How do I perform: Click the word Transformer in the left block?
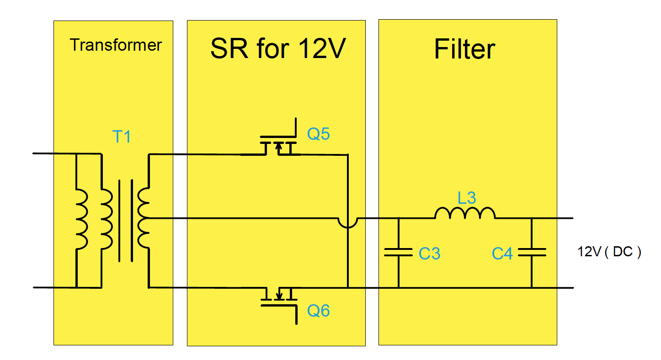pyautogui.click(x=116, y=45)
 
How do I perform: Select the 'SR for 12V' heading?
pyautogui.click(x=277, y=48)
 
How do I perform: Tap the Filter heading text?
pyautogui.click(x=464, y=49)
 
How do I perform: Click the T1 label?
pyautogui.click(x=122, y=136)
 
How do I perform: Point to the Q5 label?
pyautogui.click(x=318, y=134)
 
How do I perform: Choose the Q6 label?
pyautogui.click(x=318, y=311)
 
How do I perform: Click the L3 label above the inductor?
pyautogui.click(x=467, y=198)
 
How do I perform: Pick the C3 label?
pyautogui.click(x=429, y=254)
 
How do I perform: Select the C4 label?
pyautogui.click(x=502, y=254)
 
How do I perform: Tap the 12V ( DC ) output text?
pyautogui.click(x=609, y=252)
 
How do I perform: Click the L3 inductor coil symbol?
pyautogui.click(x=464, y=213)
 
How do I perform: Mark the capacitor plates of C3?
pyautogui.click(x=399, y=252)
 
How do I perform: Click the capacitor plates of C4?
pyautogui.click(x=532, y=252)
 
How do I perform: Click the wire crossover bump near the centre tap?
pyautogui.click(x=348, y=222)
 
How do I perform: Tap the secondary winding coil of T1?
pyautogui.click(x=144, y=218)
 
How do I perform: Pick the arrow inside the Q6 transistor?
pyautogui.click(x=279, y=293)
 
